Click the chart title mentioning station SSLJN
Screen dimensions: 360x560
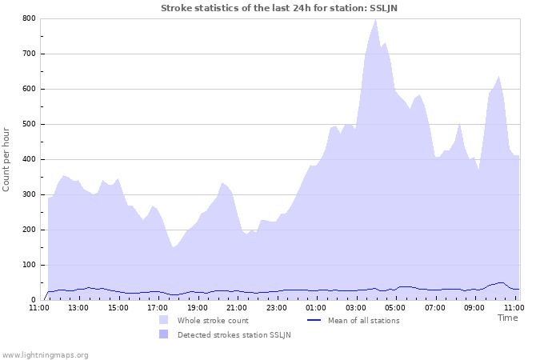point(280,8)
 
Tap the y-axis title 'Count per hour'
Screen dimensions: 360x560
point(7,158)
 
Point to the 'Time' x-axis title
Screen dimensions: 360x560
point(507,318)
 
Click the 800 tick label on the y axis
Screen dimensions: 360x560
point(29,18)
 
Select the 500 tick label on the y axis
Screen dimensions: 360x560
point(29,124)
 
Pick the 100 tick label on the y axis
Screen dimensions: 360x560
point(29,265)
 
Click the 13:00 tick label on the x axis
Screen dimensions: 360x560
point(78,307)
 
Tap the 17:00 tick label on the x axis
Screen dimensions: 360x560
point(157,307)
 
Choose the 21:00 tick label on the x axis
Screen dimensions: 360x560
point(236,307)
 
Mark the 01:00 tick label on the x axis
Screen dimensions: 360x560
point(315,307)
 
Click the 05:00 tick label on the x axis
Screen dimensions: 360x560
point(394,307)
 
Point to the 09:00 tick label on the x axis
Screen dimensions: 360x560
point(474,307)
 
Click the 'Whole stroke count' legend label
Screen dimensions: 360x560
point(213,321)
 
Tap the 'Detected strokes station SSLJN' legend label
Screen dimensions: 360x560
point(234,334)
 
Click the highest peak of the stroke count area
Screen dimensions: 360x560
point(375,19)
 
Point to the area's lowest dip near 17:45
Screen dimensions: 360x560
point(173,247)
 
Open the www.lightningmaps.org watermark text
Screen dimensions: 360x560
point(45,354)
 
